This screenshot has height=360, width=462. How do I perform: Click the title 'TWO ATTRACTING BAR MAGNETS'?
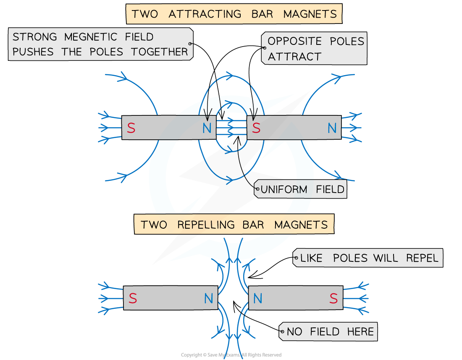tap(234, 14)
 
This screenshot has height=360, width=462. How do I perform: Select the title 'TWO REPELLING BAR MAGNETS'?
tap(234, 224)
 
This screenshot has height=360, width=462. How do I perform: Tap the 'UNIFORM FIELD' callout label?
tap(301, 189)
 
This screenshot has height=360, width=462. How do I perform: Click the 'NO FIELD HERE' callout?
tap(328, 331)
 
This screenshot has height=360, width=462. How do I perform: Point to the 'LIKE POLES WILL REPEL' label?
tap(368, 258)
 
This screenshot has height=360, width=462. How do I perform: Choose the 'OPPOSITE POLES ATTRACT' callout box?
tap(315, 48)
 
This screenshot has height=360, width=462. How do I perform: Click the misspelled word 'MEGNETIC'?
tap(90, 37)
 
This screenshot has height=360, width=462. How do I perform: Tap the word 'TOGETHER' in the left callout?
tap(160, 52)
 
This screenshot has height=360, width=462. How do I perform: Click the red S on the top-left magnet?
tap(131, 128)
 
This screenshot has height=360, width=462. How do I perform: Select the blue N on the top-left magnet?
tap(207, 128)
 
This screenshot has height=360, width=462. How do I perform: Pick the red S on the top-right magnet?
tap(256, 128)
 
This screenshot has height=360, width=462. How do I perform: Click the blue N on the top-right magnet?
tap(332, 128)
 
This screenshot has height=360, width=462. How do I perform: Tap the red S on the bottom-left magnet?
tap(133, 298)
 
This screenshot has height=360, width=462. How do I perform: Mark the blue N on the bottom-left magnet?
tap(209, 298)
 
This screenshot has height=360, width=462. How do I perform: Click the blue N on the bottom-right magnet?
tap(258, 298)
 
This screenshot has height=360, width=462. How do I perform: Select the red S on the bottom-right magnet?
tap(333, 298)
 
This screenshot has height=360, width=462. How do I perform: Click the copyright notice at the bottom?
tap(231, 355)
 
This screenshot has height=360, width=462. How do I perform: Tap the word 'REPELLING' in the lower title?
tap(206, 224)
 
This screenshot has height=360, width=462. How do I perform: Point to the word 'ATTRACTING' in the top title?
tap(205, 14)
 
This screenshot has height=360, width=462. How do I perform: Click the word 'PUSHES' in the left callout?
tap(33, 52)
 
